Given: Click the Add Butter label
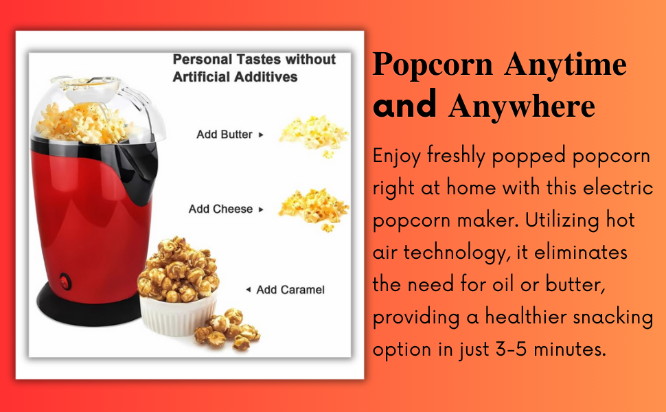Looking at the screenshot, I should [224, 135].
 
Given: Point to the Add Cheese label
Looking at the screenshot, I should [220, 209].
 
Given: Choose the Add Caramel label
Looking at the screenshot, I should [290, 290].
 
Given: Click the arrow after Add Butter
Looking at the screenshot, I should [261, 135].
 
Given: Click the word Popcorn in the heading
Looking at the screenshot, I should [433, 65].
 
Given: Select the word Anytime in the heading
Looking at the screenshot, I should [565, 65].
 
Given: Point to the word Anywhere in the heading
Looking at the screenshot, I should [521, 107].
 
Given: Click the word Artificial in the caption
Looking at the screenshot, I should [200, 77].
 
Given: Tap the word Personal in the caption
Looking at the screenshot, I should [198, 60].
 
